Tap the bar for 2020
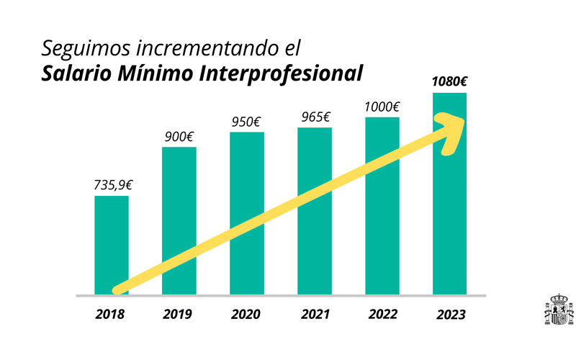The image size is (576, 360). pyautogui.click(x=247, y=187)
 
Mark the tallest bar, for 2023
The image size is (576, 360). pyautogui.click(x=450, y=216)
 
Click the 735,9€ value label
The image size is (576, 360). pyautogui.click(x=113, y=184)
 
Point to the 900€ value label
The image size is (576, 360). pyautogui.click(x=180, y=137)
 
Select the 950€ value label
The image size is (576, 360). pyautogui.click(x=248, y=122)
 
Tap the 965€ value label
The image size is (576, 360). pyautogui.click(x=315, y=117)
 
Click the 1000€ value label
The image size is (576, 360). pyautogui.click(x=382, y=107)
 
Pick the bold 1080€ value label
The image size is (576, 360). pyautogui.click(x=450, y=81)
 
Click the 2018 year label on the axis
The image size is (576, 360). pyautogui.click(x=110, y=314)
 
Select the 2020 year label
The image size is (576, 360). pyautogui.click(x=246, y=314)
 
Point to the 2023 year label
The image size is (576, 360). pyautogui.click(x=451, y=315)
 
